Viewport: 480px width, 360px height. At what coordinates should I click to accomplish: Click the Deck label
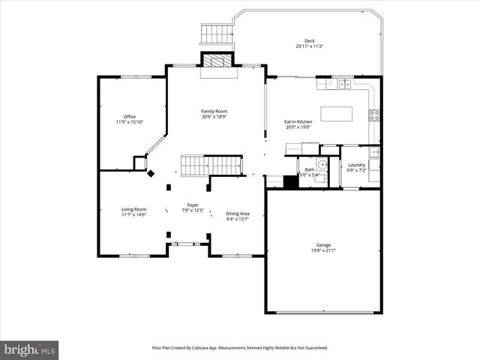(309, 40)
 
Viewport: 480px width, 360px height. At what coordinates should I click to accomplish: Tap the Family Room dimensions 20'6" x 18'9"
(214, 117)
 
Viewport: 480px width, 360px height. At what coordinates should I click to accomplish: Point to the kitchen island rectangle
(336, 114)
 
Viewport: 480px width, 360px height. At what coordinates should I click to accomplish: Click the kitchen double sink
(344, 84)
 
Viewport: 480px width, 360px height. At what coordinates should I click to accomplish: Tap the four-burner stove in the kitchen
(373, 115)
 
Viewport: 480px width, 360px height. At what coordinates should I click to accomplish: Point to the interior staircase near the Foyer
(213, 164)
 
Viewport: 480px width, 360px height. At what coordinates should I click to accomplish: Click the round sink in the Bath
(323, 165)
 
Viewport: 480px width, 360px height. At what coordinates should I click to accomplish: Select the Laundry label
(356, 165)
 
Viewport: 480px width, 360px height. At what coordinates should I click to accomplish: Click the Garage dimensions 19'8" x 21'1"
(322, 250)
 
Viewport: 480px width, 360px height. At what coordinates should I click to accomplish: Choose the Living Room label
(134, 209)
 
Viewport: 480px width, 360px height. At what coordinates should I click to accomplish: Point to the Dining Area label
(238, 214)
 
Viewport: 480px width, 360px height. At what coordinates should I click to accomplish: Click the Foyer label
(193, 205)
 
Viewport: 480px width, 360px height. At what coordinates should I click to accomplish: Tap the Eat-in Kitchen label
(298, 121)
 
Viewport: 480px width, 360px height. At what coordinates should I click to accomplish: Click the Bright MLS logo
(29, 349)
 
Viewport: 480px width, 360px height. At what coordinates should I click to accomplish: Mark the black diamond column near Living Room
(151, 173)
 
